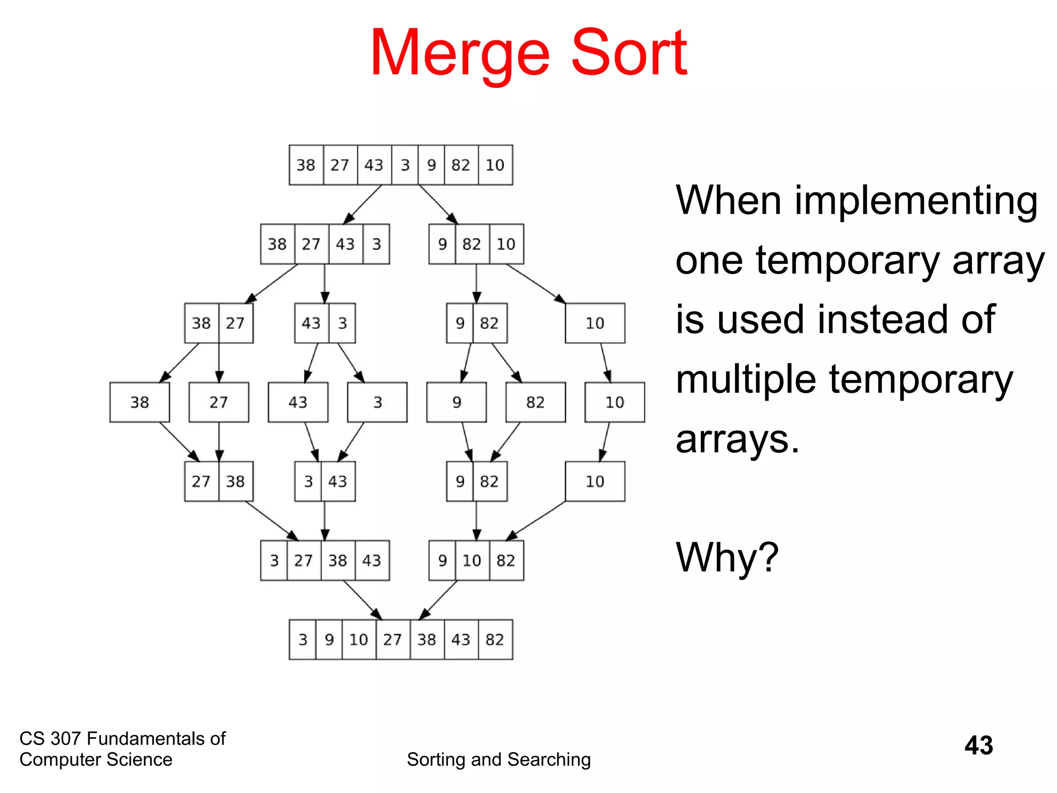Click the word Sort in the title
(x=629, y=53)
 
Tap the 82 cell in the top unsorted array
(x=461, y=165)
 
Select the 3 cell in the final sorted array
(x=302, y=640)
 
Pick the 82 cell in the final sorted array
(x=495, y=640)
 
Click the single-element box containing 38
(x=139, y=402)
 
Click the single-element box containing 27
(x=219, y=402)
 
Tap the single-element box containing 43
(x=298, y=402)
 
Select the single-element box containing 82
(x=536, y=402)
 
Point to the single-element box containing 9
(x=456, y=402)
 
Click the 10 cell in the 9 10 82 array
(x=472, y=561)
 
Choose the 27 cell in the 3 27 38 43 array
(x=303, y=561)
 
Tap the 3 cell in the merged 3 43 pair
(x=308, y=482)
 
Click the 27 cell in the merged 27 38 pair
(x=201, y=482)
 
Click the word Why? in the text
(x=727, y=558)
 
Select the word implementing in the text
(x=916, y=201)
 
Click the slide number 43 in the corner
(x=979, y=746)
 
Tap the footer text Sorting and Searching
(x=499, y=759)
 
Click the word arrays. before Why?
(x=737, y=440)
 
